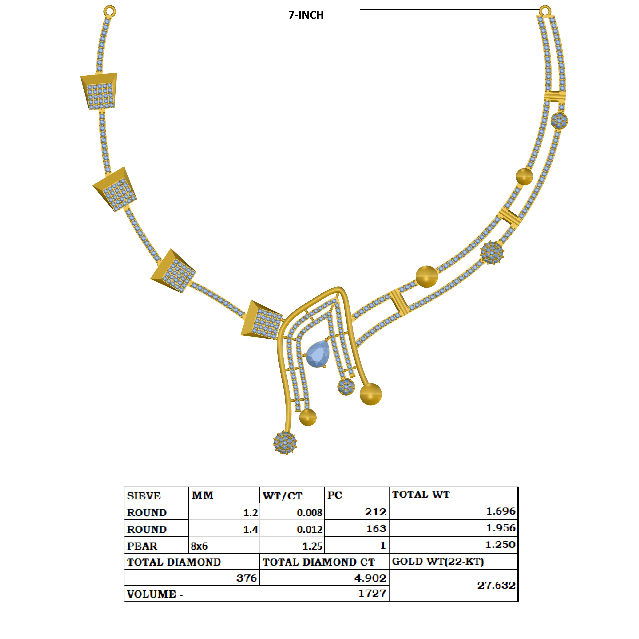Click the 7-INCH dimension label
pos(306,15)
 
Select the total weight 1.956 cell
pos(500,528)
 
